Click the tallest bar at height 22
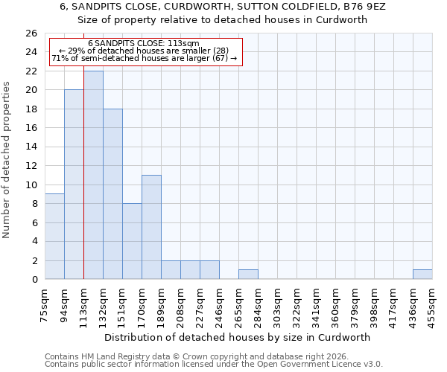pos(93,175)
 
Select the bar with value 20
pos(74,185)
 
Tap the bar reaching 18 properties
pos(112,193)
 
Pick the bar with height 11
pos(151,227)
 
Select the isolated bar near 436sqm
pos(422,275)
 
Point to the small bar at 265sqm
pos(248,275)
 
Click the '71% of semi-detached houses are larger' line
pos(145,58)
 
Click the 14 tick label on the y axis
pos(31,147)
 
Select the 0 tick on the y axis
pos(34,280)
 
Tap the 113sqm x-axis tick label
pos(84,305)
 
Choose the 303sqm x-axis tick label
pos(278,305)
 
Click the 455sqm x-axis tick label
pos(433,305)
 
